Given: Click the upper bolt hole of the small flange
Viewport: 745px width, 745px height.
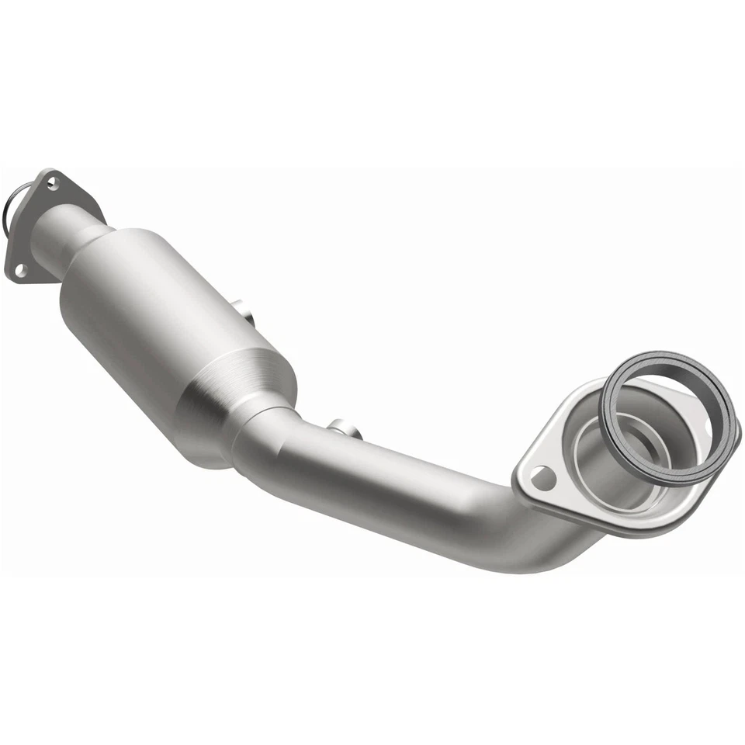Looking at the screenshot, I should (51, 184).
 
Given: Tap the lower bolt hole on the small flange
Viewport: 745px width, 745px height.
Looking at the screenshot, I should (21, 269).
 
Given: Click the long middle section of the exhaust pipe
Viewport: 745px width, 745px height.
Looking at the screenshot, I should (404, 489).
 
